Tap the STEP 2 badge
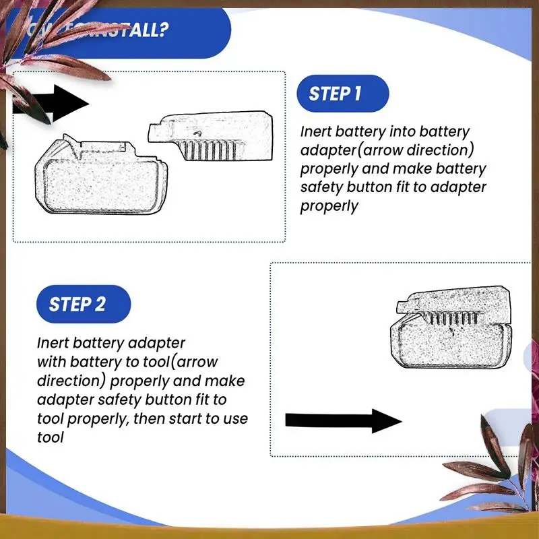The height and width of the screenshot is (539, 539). [77, 304]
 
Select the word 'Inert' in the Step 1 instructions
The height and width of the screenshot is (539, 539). [318, 131]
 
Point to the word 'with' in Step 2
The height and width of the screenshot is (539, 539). [51, 362]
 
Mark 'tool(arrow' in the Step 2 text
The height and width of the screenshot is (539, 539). [181, 362]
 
